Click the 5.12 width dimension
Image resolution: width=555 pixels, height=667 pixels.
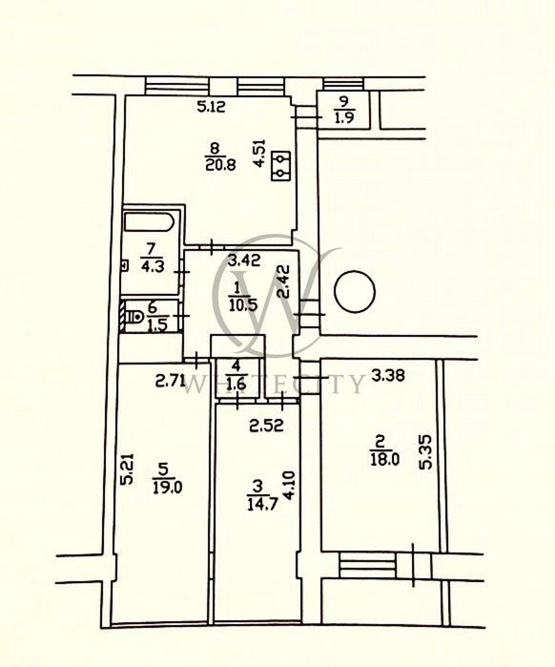[x=212, y=106]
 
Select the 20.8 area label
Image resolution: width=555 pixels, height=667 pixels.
[x=220, y=164]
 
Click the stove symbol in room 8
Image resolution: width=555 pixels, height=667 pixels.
[x=281, y=166]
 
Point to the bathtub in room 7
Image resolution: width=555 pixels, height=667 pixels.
[x=149, y=222]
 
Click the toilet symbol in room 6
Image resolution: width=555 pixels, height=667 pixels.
[x=134, y=317]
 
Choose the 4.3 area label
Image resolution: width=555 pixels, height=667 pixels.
[x=153, y=268]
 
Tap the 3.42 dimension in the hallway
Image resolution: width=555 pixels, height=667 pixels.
[x=243, y=260]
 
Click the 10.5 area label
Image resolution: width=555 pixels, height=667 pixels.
[x=242, y=304]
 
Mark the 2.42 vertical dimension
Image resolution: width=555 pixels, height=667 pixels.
[x=283, y=281]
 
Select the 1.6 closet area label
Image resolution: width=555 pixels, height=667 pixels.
[x=237, y=385]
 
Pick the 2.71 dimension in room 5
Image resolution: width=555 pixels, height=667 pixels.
[x=171, y=381]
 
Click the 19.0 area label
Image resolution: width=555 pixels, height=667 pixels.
[x=168, y=487]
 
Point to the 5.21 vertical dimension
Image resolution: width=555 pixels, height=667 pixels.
[x=128, y=469]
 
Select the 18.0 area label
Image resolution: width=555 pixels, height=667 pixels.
[x=384, y=460]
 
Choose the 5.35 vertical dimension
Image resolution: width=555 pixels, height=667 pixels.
[x=425, y=451]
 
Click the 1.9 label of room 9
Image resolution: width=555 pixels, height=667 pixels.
[x=344, y=117]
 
